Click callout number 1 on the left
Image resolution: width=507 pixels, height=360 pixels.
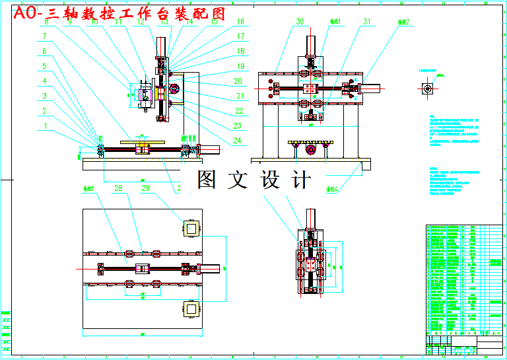(46, 125)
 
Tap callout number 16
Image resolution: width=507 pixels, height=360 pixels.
(240, 22)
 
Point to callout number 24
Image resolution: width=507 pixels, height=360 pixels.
(237, 140)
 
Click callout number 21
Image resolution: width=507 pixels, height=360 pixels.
(240, 96)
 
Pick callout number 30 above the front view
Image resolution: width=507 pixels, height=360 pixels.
(300, 22)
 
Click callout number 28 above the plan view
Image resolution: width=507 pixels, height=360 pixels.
(119, 188)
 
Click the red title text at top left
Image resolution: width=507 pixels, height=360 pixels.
(119, 13)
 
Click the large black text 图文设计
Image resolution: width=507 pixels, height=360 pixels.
(253, 180)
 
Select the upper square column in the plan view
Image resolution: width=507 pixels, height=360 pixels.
(191, 229)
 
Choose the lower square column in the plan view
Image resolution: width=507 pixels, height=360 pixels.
(191, 309)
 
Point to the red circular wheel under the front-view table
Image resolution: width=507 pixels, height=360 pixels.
(310, 151)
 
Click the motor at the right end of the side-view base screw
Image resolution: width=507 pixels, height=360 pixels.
(209, 149)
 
